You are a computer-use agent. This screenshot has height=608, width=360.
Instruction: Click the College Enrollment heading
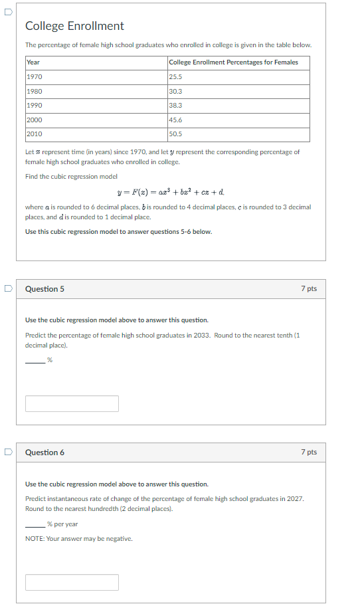click(74, 26)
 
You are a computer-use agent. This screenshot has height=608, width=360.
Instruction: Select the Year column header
click(33, 62)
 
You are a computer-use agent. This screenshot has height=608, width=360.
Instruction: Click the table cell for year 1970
click(34, 77)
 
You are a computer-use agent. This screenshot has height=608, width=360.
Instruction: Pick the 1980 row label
click(34, 92)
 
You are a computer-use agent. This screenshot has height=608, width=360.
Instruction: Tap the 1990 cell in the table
click(34, 106)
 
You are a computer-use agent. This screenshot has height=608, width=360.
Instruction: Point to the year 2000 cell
click(34, 120)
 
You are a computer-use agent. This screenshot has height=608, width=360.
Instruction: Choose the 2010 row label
click(34, 134)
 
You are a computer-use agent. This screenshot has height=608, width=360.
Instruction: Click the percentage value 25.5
click(175, 77)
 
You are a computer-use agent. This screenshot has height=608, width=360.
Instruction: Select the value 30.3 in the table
click(175, 92)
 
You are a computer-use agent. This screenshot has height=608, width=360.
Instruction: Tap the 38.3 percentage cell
click(175, 106)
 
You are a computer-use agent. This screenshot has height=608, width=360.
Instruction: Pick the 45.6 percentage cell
click(175, 120)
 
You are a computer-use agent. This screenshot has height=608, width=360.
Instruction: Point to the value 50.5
click(175, 134)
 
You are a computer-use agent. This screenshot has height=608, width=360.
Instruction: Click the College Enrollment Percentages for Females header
click(233, 62)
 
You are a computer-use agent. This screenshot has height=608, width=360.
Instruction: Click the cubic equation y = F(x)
click(171, 193)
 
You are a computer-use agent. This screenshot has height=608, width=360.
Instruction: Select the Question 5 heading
click(45, 289)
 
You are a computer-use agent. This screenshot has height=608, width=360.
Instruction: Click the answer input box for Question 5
click(72, 403)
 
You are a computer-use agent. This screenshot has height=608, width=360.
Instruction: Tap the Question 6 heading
click(45, 453)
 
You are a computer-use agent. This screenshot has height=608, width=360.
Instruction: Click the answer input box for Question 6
click(72, 582)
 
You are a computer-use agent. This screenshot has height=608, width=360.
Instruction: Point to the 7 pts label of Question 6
click(308, 453)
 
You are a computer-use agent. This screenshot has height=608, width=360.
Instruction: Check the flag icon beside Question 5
click(7, 289)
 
